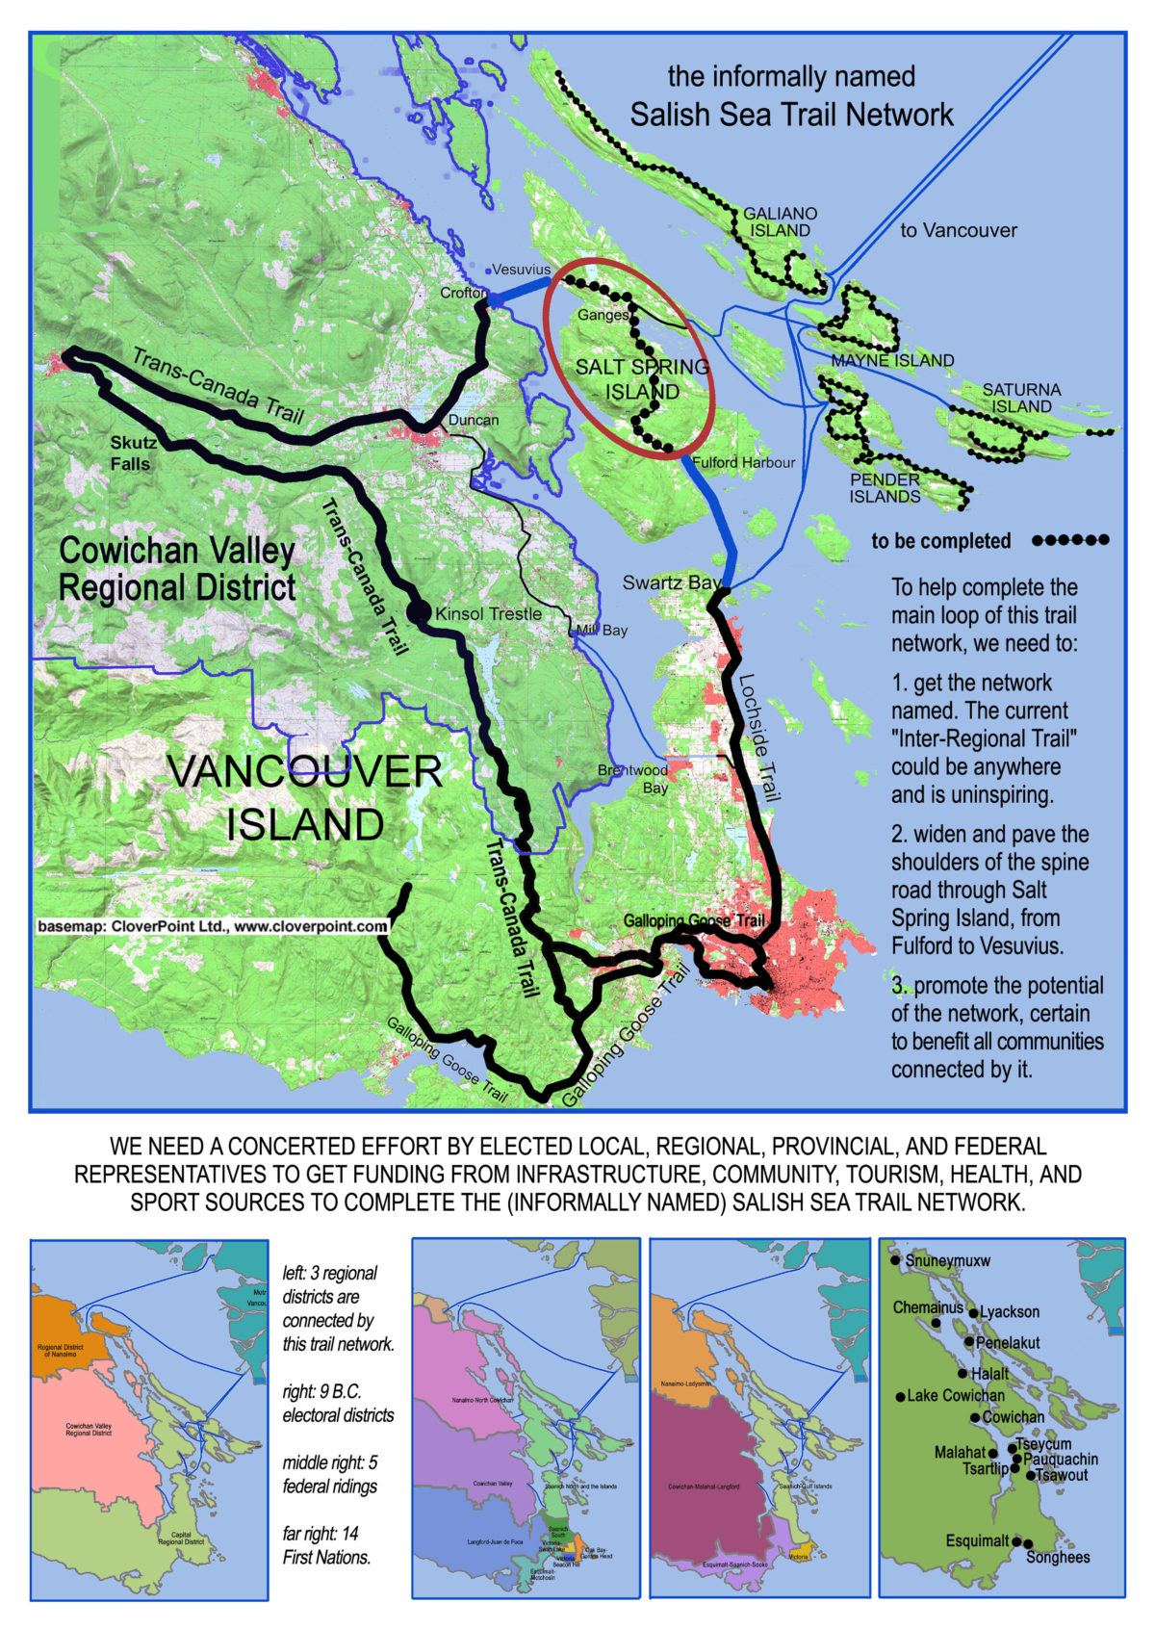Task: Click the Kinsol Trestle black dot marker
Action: pyautogui.click(x=418, y=610)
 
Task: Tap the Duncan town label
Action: pyautogui.click(x=474, y=420)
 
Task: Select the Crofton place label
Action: pyautogui.click(x=463, y=293)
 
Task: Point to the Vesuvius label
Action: pyautogui.click(x=521, y=271)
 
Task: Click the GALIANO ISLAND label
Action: pyautogui.click(x=780, y=222)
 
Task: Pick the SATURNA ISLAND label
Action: pyautogui.click(x=1021, y=398)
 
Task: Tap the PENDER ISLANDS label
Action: pyautogui.click(x=885, y=488)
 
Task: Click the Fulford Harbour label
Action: pyautogui.click(x=744, y=462)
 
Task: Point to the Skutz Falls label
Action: pyautogui.click(x=132, y=452)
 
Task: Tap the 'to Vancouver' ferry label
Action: pyautogui.click(x=959, y=230)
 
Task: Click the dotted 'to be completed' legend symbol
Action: pyautogui.click(x=1070, y=541)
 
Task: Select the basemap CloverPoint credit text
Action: pyautogui.click(x=212, y=926)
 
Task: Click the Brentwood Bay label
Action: pyautogui.click(x=632, y=779)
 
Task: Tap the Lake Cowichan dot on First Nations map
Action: pyautogui.click(x=901, y=1396)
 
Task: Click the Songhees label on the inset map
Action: pyautogui.click(x=1058, y=1557)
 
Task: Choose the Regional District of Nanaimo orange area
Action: pyautogui.click(x=67, y=1333)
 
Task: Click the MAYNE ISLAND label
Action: pyautogui.click(x=892, y=361)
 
